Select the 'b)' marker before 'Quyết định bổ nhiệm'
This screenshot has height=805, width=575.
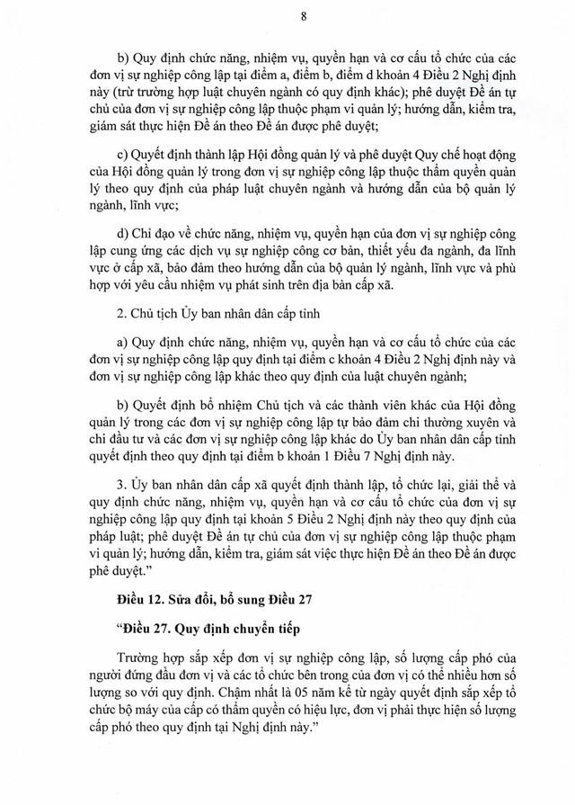point(123,403)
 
